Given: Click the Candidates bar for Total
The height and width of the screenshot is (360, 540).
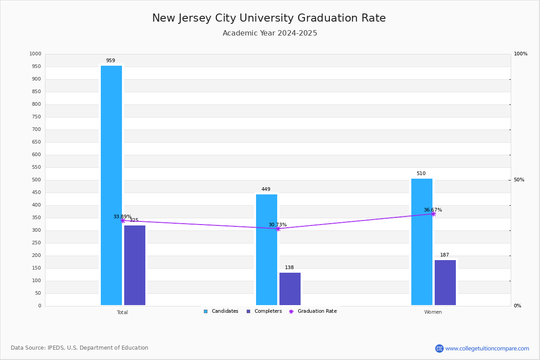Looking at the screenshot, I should coord(111,185).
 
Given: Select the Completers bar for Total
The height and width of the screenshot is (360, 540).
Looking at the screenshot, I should coord(135,265).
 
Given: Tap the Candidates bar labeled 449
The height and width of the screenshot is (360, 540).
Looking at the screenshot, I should coord(266,250).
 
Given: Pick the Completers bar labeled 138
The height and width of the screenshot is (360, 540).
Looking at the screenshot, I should coord(290,289).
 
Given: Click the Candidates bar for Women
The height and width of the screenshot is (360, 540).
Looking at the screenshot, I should coord(422,242).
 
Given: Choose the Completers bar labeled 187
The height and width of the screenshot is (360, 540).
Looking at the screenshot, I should coord(445,283).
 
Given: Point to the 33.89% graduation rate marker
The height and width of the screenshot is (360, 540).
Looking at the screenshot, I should coord(122,220).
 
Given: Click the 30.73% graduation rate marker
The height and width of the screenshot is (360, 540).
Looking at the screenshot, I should coord(278,229).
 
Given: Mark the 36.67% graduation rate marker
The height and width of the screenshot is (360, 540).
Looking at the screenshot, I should coord(433,214).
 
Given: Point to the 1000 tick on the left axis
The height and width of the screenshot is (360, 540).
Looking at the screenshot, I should coord(35,54).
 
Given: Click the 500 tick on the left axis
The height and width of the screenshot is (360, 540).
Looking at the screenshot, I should coord(36,180).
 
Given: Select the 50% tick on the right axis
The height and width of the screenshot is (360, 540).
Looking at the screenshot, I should coord(519,180).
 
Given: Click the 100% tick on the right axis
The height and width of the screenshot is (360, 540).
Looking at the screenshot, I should coord(520,54).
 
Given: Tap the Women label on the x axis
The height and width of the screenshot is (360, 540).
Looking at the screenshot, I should coord(433,312).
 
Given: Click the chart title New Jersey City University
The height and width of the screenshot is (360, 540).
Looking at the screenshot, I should coord(269,18).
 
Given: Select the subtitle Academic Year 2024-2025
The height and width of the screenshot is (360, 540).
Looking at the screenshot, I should coord(270,33).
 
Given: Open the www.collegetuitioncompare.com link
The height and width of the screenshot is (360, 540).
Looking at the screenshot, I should coord(487,348).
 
